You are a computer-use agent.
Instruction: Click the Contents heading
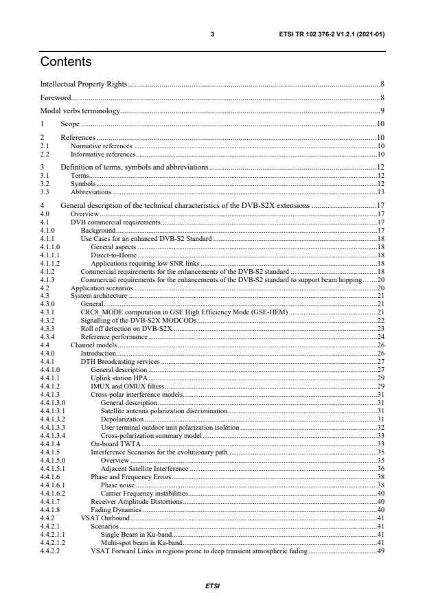tap(65, 62)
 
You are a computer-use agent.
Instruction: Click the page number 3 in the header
tap(213, 33)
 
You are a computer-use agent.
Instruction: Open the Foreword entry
tap(56, 97)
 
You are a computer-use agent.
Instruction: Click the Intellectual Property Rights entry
tap(84, 84)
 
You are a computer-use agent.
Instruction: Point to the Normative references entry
tap(102, 146)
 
